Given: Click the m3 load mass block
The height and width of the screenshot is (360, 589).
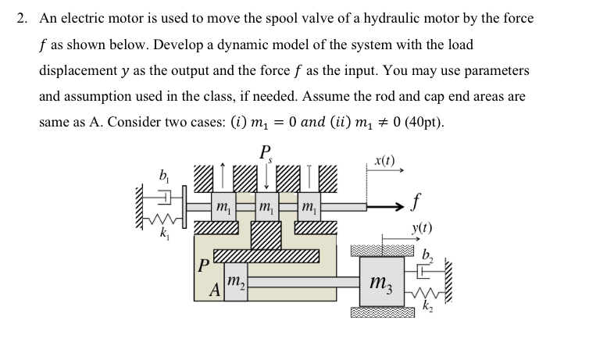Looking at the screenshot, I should coord(384,282).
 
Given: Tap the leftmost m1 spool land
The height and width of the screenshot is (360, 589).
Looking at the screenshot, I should coord(223,208).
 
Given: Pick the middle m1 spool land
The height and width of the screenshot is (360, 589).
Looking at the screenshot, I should coord(267,208).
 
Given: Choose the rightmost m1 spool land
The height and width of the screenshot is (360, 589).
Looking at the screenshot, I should coord(310,208).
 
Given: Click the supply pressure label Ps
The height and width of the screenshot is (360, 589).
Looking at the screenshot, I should coord(267,152).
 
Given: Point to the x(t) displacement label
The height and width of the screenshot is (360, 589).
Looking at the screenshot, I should coord(384,162).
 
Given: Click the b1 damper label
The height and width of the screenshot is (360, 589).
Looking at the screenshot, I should coord(164,174).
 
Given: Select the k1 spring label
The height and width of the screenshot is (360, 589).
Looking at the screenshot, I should coord(164,233).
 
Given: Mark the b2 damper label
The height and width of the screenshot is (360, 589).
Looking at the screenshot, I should coord(426,254).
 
